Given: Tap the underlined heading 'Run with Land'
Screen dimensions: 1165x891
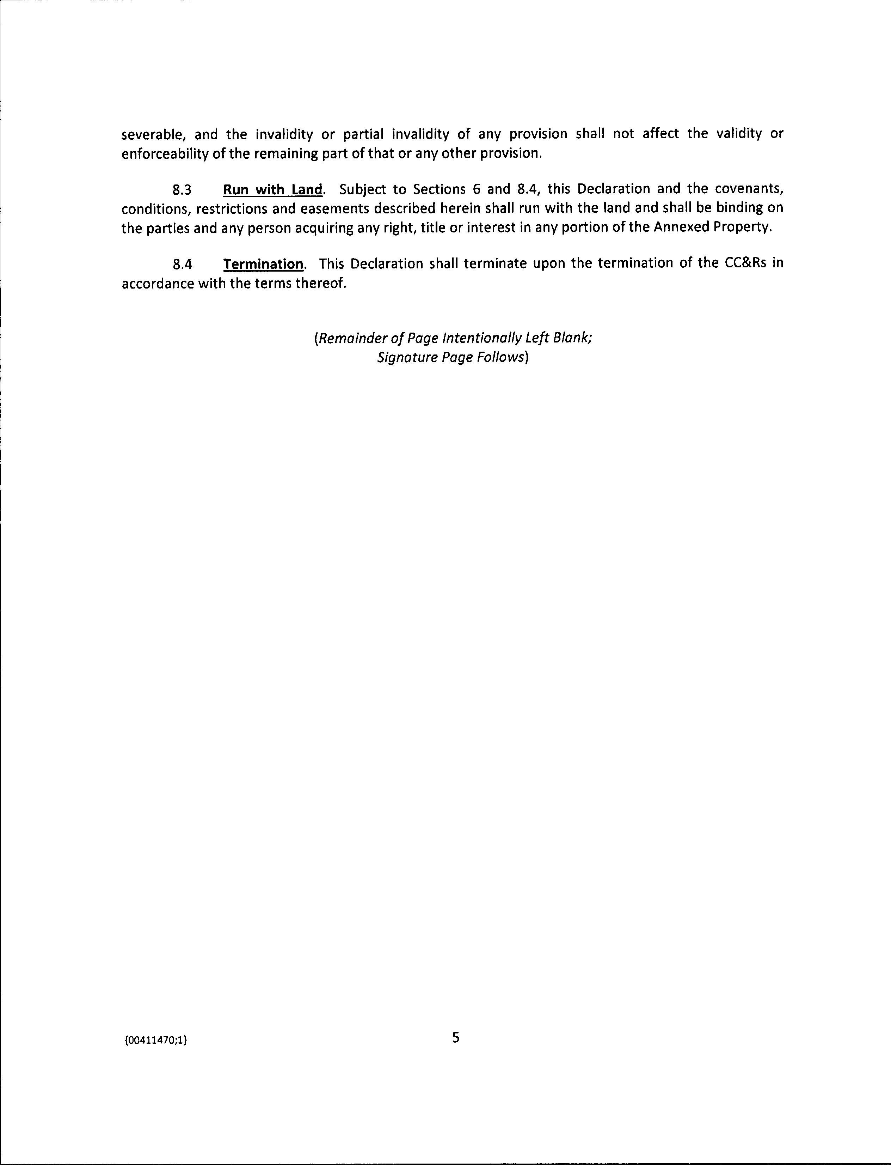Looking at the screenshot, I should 272,189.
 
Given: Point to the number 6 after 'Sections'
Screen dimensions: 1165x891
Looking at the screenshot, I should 476,189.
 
